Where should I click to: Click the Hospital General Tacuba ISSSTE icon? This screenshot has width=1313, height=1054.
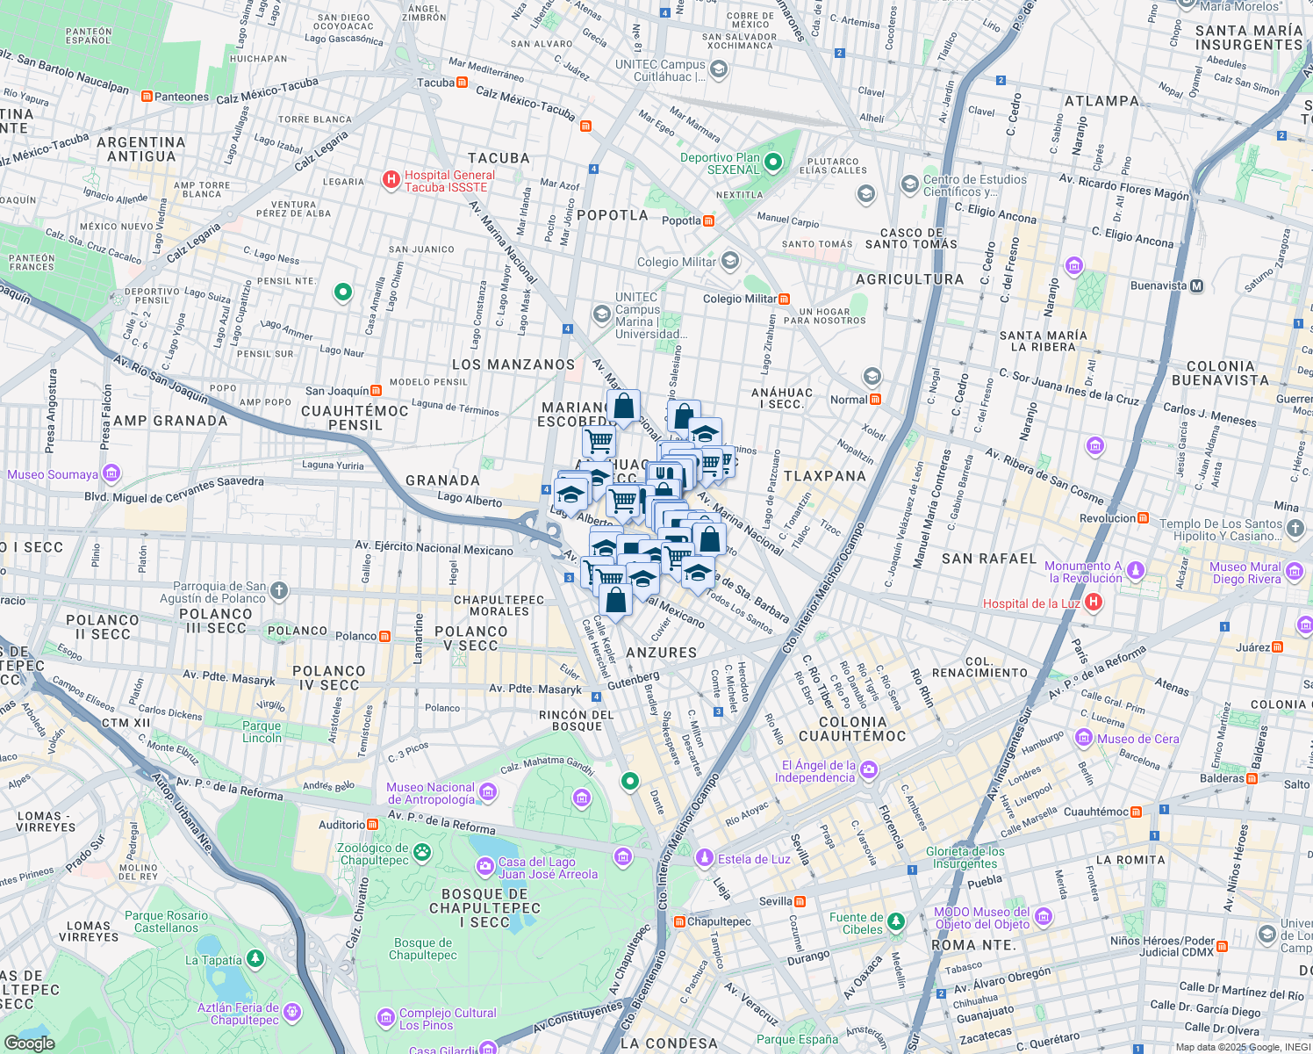coord(391,180)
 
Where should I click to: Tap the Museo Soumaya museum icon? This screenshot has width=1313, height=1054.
coord(111,474)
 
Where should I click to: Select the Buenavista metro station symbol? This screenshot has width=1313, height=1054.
coord(1196,285)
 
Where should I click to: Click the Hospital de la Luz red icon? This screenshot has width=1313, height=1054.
coord(1093,603)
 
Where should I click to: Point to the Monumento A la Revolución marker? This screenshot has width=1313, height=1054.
coord(1135,572)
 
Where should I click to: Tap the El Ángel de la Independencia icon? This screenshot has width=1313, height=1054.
coord(868,770)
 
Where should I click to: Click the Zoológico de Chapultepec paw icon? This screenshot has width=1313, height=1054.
coord(422,852)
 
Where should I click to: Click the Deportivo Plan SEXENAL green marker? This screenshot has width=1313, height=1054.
coord(772,162)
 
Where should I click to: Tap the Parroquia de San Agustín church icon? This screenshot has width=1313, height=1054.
coord(278,590)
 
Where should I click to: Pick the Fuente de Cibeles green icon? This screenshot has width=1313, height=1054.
coord(896,921)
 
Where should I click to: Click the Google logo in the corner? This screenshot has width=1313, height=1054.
coord(29,1043)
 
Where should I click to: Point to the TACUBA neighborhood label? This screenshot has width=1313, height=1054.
coord(499,158)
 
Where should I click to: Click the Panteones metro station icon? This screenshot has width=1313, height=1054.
coord(147,97)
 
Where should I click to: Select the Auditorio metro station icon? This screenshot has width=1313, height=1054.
coord(372,824)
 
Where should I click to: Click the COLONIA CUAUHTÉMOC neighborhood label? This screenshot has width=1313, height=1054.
coord(851,729)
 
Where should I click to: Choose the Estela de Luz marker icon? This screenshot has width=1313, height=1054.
coord(704,858)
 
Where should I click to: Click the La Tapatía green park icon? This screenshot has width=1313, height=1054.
coord(255,959)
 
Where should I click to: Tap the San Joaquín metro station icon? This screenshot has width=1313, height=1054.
coord(376,391)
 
